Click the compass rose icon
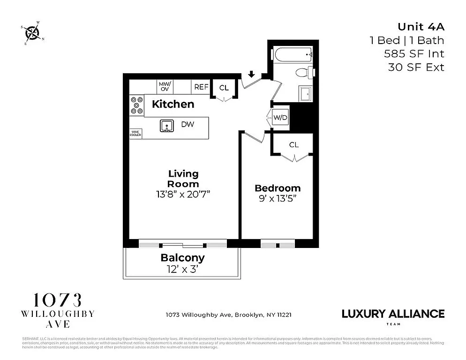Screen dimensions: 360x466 click(x=32, y=32)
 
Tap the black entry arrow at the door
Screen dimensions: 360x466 click(x=251, y=74)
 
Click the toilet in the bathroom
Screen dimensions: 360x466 click(x=304, y=73)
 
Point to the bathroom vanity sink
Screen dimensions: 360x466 click(x=306, y=94)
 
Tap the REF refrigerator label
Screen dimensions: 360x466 click(x=201, y=87)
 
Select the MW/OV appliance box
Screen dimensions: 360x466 click(x=165, y=86)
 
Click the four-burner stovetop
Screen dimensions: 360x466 click(x=136, y=105)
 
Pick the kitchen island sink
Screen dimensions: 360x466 click(x=166, y=126)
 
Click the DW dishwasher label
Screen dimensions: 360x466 click(x=188, y=124)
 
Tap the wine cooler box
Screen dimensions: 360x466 click(x=135, y=134)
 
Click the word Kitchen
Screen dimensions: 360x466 click(x=173, y=104)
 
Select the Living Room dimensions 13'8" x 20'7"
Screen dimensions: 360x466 click(x=183, y=194)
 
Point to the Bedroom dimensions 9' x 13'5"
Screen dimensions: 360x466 click(x=278, y=198)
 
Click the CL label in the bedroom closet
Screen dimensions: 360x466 click(x=294, y=145)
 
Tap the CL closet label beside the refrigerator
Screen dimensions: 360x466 click(x=224, y=87)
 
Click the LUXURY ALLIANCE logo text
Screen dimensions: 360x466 click(x=393, y=314)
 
